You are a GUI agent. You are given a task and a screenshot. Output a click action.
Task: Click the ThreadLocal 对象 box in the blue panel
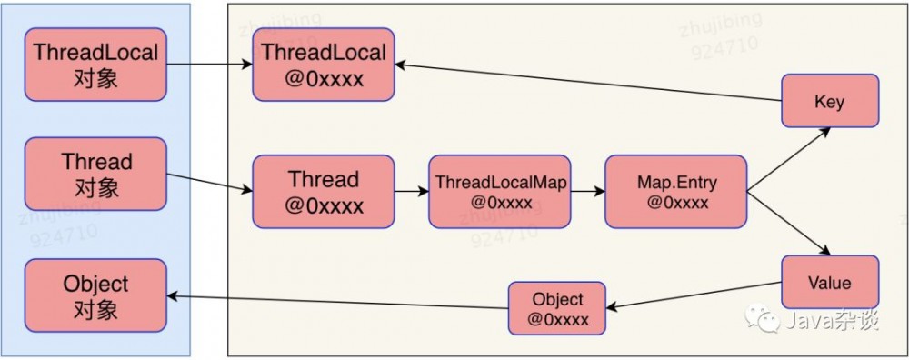95,65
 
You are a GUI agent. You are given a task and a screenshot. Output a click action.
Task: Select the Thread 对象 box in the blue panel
95,175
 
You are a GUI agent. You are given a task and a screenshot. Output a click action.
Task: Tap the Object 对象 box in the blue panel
95,296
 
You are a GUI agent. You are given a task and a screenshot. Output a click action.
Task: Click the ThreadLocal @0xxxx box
323,65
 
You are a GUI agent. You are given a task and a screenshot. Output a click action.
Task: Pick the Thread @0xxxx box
323,192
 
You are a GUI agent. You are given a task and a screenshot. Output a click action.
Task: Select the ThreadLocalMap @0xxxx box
500,192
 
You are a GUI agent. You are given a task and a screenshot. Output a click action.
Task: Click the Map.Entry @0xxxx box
675,192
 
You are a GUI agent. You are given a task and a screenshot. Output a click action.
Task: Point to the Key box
830,102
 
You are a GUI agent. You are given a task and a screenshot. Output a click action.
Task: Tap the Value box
830,283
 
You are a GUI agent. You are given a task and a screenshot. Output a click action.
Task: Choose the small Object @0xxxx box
556,309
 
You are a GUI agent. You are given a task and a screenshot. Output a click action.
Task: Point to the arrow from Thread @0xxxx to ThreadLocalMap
412,192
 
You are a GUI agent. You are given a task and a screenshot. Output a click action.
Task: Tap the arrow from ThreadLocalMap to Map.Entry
588,192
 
